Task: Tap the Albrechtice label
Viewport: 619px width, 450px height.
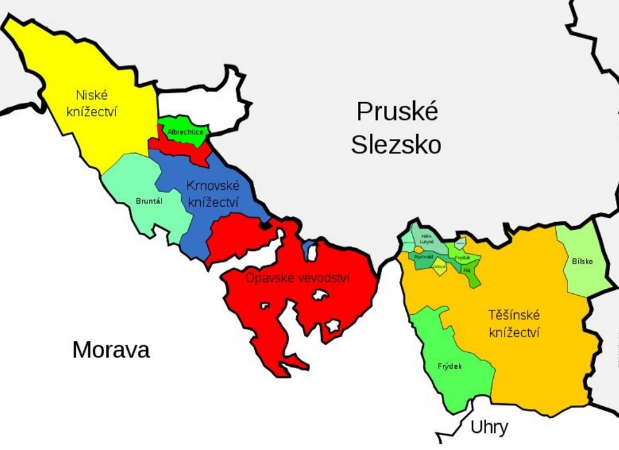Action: coord(186,132)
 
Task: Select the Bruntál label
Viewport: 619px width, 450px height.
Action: coord(149,201)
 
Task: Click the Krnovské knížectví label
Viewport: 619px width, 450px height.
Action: coord(213,194)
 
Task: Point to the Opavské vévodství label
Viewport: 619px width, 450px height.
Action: coord(297,278)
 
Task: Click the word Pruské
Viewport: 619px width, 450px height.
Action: coord(397,112)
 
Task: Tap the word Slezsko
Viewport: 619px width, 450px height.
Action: coord(396,145)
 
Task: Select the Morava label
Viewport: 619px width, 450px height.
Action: coord(111,350)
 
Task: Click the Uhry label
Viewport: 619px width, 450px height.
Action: coord(489,428)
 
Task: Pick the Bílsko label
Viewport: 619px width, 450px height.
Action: coord(582,261)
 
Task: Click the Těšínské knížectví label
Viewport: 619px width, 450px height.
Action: coord(514,323)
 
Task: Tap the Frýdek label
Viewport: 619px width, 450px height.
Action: coord(450,366)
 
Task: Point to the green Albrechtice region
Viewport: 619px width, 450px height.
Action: coord(186,124)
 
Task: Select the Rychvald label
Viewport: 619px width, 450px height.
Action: coord(423,256)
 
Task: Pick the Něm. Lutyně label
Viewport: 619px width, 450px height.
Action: coord(427,239)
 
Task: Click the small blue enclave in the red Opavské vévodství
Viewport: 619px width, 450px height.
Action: coord(309,249)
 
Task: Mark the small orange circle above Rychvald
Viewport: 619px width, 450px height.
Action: coord(418,249)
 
